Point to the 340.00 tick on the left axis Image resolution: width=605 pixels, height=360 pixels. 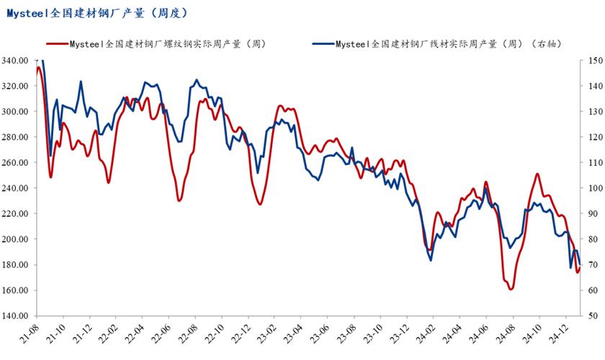(16, 60)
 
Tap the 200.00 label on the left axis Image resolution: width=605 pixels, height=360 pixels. (16, 239)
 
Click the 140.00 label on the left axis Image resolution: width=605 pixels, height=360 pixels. (16, 316)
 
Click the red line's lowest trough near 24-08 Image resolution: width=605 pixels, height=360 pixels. (511, 289)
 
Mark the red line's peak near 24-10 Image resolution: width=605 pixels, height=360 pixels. (537, 174)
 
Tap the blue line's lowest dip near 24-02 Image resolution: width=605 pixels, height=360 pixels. (431, 260)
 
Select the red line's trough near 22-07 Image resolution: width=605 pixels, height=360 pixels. (179, 200)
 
